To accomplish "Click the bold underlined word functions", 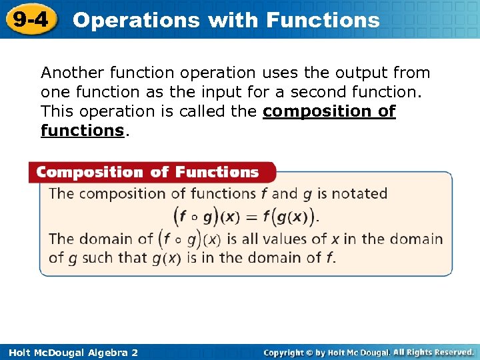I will tap(83, 131).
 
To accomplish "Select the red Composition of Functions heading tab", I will tap(148, 173).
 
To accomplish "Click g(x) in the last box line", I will tap(166, 257).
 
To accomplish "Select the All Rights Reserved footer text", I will tap(433, 352).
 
